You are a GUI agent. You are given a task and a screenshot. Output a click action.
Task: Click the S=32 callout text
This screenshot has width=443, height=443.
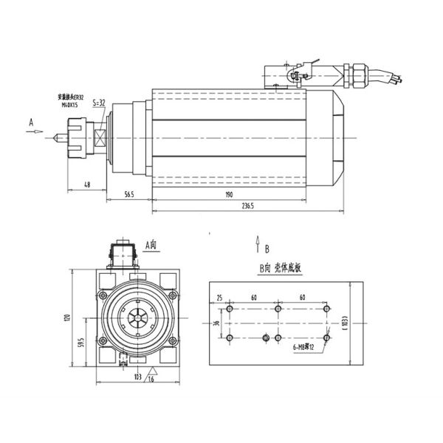point(99,103)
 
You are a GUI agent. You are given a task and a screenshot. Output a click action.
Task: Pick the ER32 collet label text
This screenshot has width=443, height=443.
point(74,97)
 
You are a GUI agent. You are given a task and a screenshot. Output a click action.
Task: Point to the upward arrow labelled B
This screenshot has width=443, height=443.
point(257,242)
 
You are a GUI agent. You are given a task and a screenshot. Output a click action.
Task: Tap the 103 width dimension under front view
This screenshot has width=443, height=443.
point(137,377)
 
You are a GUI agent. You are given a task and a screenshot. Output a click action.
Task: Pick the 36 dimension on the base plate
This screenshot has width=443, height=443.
point(216,323)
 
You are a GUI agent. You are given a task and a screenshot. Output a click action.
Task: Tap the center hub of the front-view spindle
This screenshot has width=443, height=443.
point(137,319)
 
